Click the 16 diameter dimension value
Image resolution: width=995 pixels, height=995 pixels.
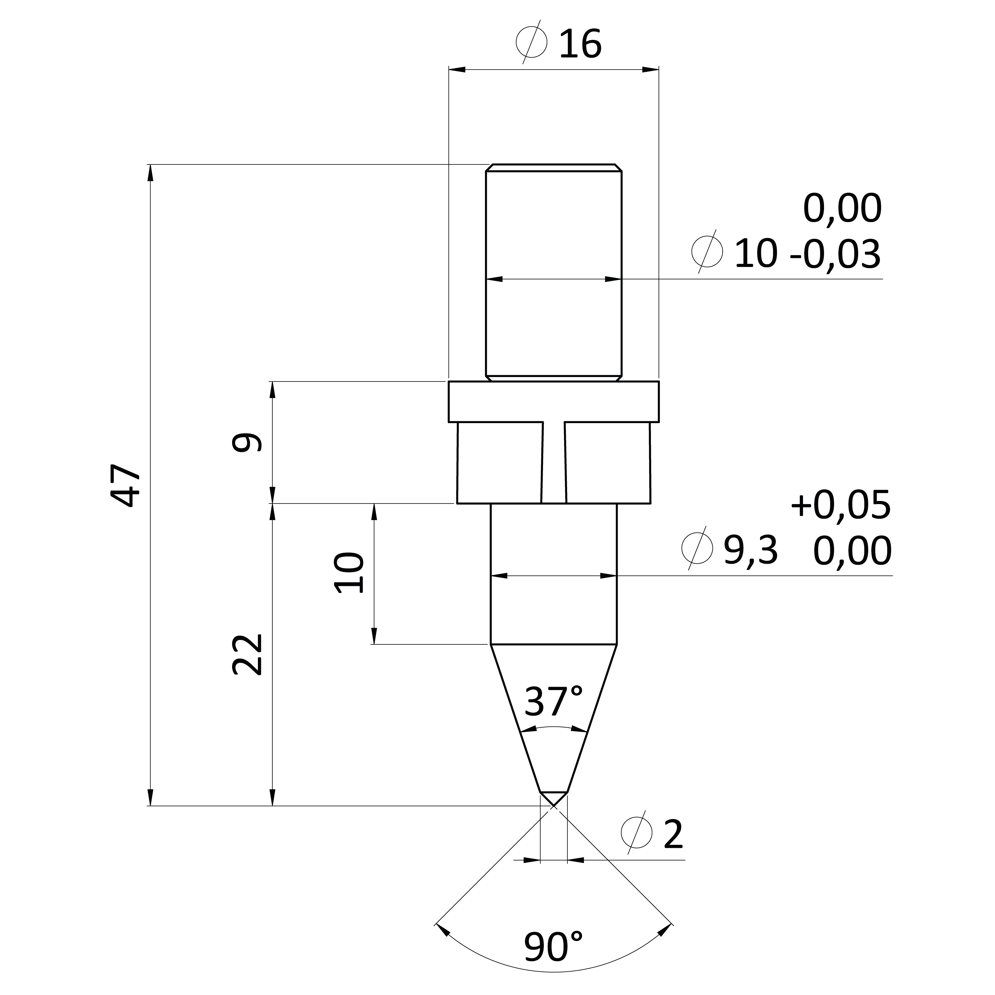[580, 44]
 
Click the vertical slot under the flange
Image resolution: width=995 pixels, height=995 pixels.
[554, 462]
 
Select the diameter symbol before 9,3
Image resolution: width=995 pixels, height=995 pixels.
[697, 548]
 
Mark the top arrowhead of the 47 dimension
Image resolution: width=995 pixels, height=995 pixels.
[150, 173]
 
